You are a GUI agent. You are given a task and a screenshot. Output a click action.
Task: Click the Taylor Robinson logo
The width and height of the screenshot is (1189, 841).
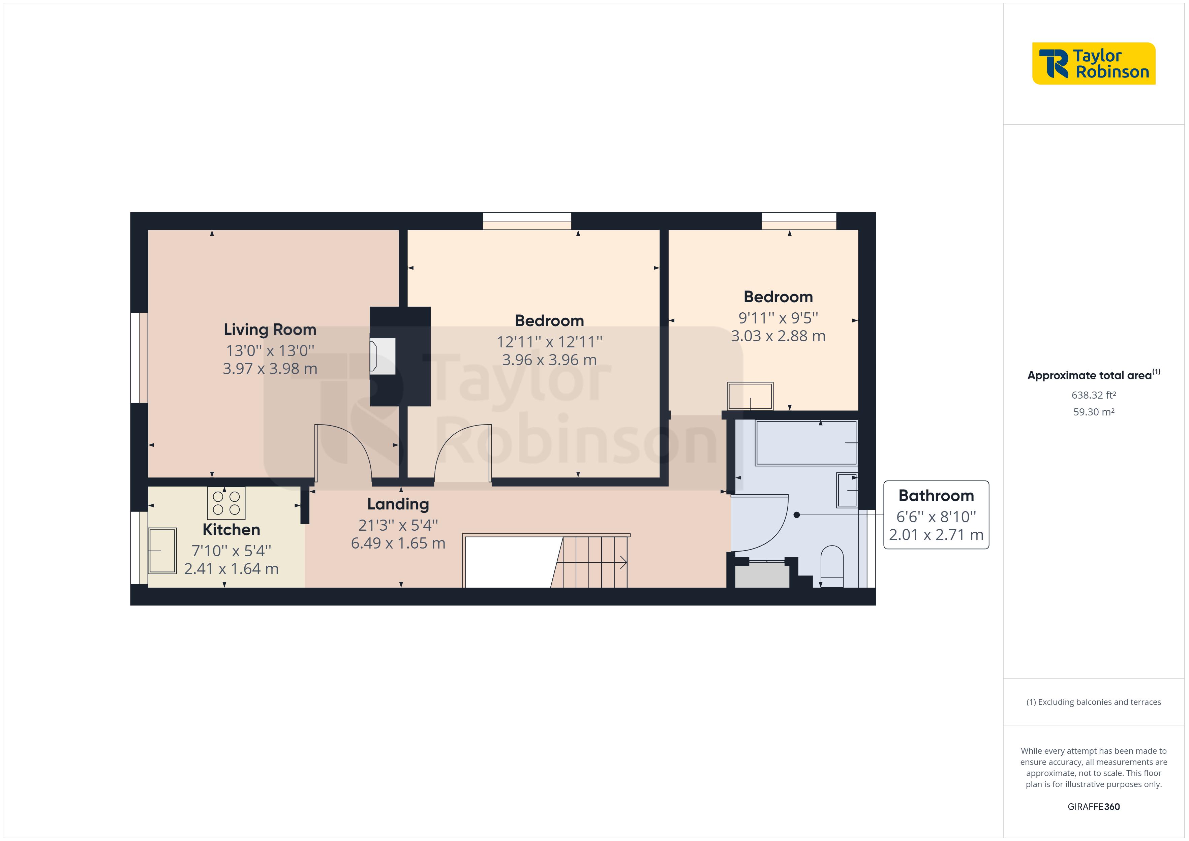coord(1093,63)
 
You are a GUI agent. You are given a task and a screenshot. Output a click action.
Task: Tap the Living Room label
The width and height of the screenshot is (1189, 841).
coord(270,329)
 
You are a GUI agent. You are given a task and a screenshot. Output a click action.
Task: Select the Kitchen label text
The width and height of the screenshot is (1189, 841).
coord(231,529)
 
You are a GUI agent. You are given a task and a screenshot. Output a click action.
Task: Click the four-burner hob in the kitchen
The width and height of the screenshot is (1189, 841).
coord(226,503)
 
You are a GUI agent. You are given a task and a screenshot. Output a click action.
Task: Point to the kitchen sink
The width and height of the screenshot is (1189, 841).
coord(162,551)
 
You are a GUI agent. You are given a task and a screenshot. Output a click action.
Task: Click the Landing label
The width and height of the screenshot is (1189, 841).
coord(398,504)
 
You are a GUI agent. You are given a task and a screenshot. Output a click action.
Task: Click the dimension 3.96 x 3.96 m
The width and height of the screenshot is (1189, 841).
coord(549,360)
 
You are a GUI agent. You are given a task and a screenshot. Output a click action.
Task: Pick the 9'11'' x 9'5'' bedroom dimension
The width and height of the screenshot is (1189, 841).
coord(778,317)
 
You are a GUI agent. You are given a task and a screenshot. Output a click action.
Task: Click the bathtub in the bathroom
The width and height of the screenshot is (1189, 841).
coord(806,443)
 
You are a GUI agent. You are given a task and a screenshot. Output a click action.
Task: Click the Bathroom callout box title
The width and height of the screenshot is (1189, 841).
coord(936,496)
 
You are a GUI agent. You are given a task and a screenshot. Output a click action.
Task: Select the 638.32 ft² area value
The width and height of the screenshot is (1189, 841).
coord(1093,395)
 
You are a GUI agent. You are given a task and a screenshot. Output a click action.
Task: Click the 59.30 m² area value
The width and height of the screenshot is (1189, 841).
coord(1093,412)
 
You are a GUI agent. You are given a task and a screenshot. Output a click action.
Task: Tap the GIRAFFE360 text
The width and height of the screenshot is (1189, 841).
coord(1093,806)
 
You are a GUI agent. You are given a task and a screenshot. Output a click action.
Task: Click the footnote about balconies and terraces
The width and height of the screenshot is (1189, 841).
coord(1093,702)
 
